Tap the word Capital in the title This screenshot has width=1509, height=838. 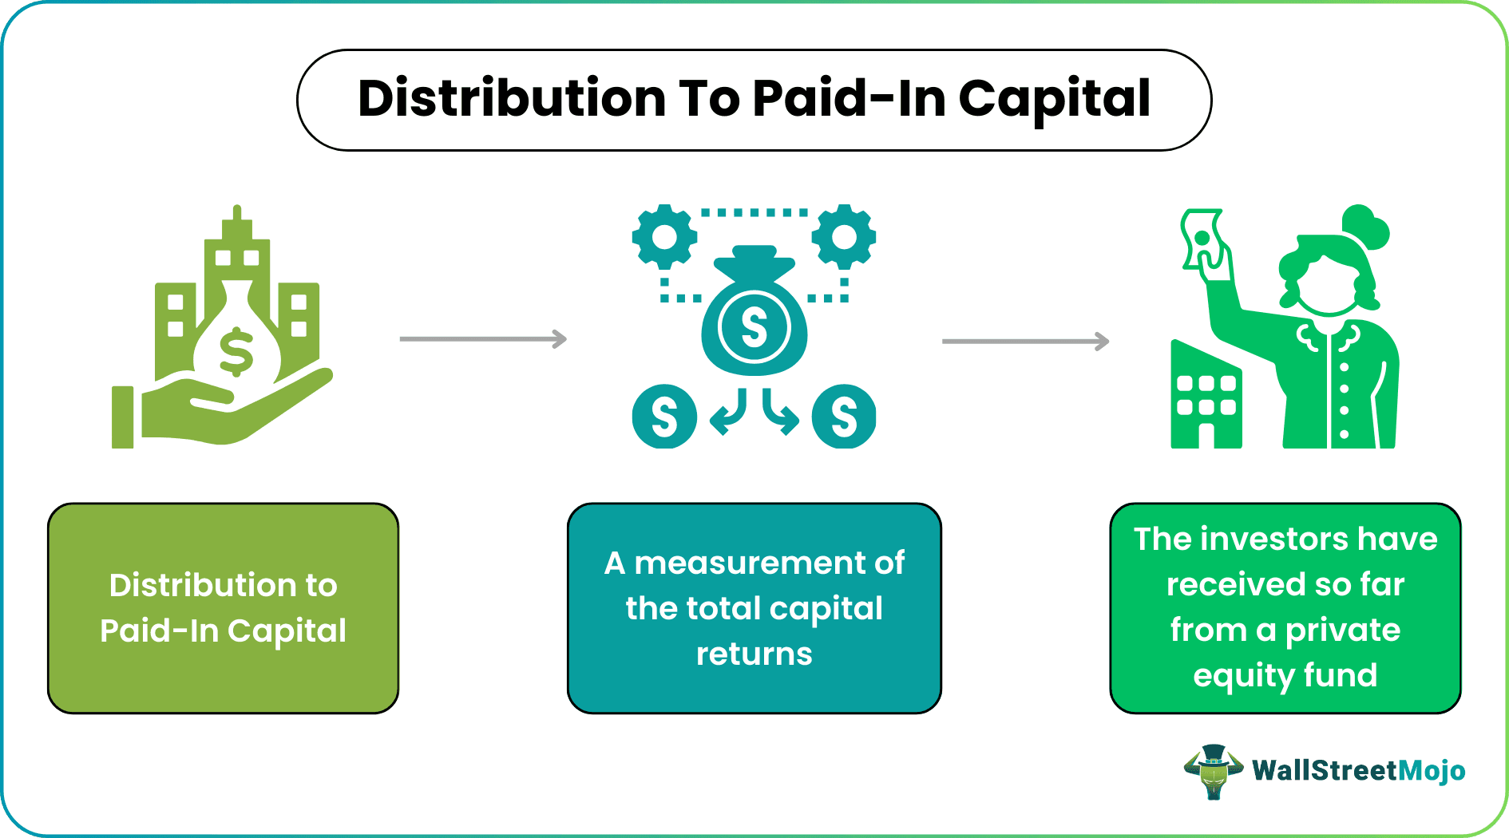point(1054,101)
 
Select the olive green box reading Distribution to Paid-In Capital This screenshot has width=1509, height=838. point(223,608)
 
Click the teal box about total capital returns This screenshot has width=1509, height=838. point(754,608)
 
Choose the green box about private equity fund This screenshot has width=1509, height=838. point(1285,608)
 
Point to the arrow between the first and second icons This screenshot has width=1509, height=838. point(483,339)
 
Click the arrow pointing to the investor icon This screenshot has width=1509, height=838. point(1025,342)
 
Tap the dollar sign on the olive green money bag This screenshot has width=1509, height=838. point(236,352)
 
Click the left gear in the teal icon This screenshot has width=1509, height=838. point(664,237)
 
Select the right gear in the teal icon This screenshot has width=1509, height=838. point(844,237)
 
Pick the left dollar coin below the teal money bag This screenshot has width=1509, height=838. point(664,417)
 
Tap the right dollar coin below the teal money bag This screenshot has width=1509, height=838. point(844,417)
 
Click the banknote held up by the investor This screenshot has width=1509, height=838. point(1202,239)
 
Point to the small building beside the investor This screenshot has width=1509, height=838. point(1206,399)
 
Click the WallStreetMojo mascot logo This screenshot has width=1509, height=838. point(1213,771)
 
